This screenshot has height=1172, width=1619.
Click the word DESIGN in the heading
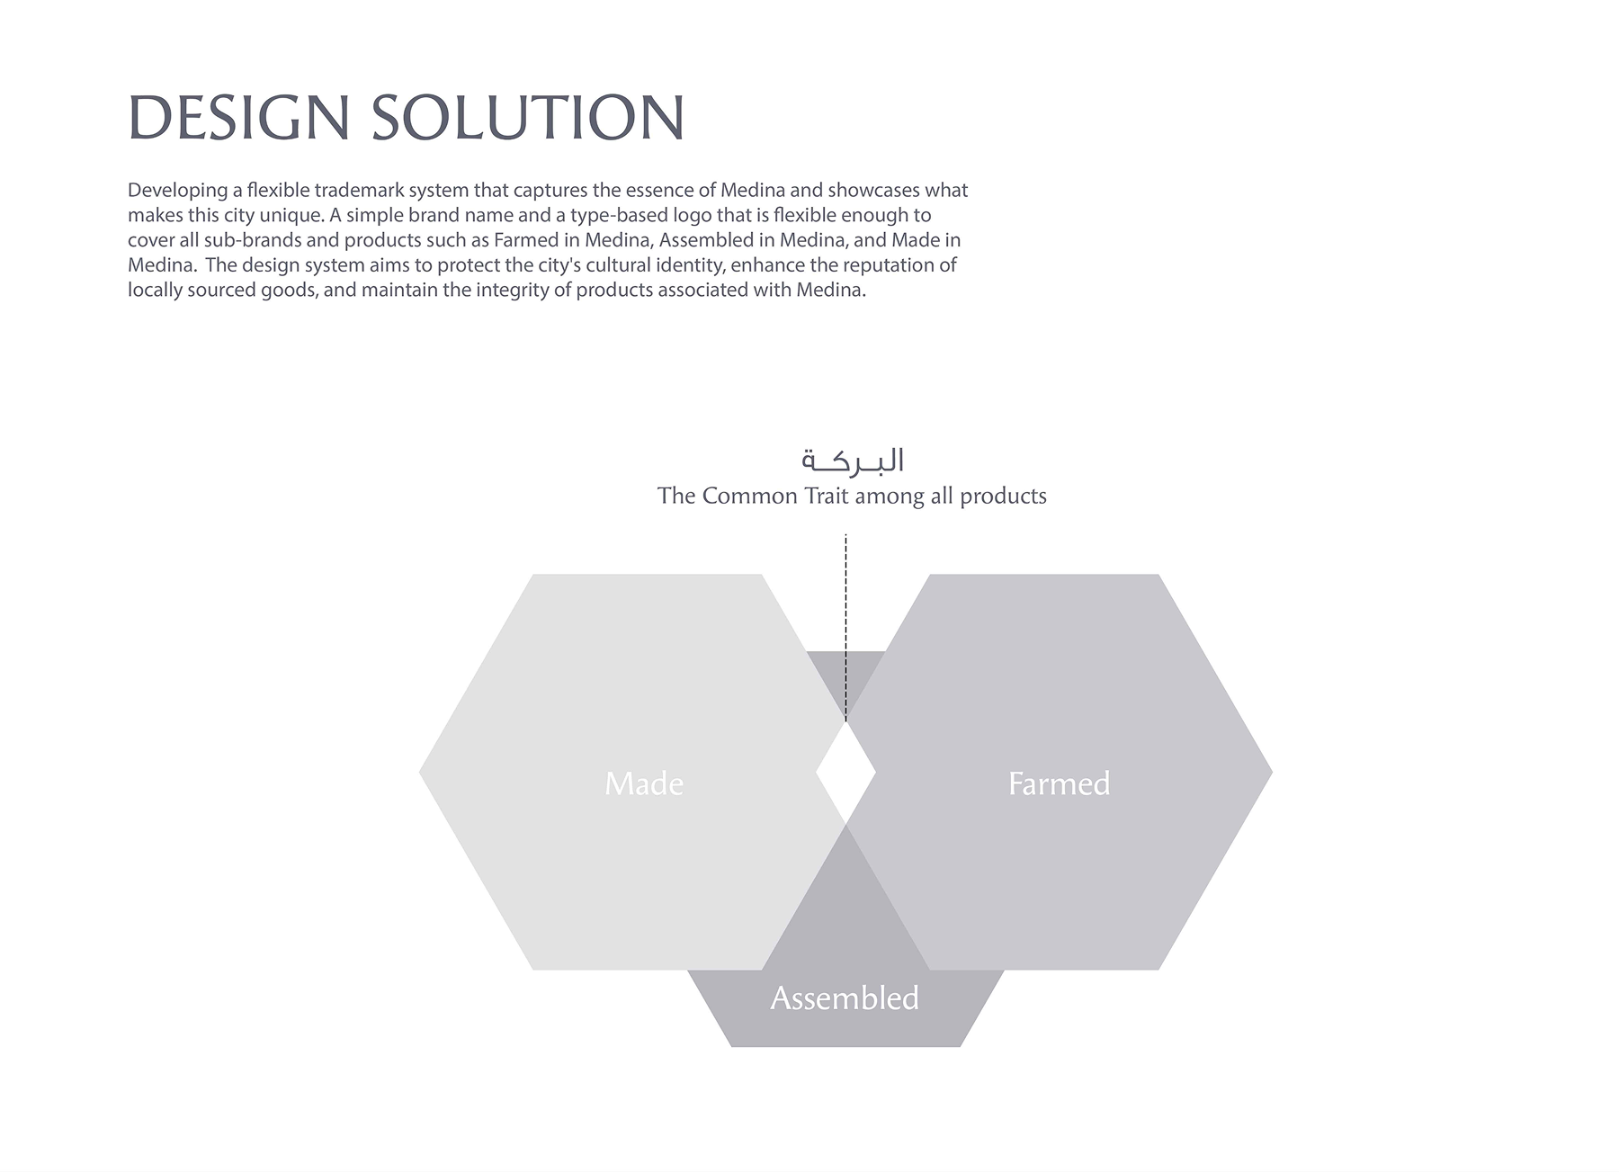(238, 117)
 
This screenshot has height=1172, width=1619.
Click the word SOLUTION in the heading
(528, 117)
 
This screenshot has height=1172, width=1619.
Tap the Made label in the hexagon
(644, 783)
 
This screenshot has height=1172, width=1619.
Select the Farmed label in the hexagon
(1060, 783)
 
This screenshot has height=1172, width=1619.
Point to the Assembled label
(845, 998)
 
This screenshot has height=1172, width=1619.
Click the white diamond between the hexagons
(845, 772)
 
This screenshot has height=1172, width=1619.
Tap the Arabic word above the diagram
(853, 461)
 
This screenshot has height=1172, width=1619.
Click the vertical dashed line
(845, 628)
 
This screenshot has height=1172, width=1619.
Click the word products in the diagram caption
(1003, 497)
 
